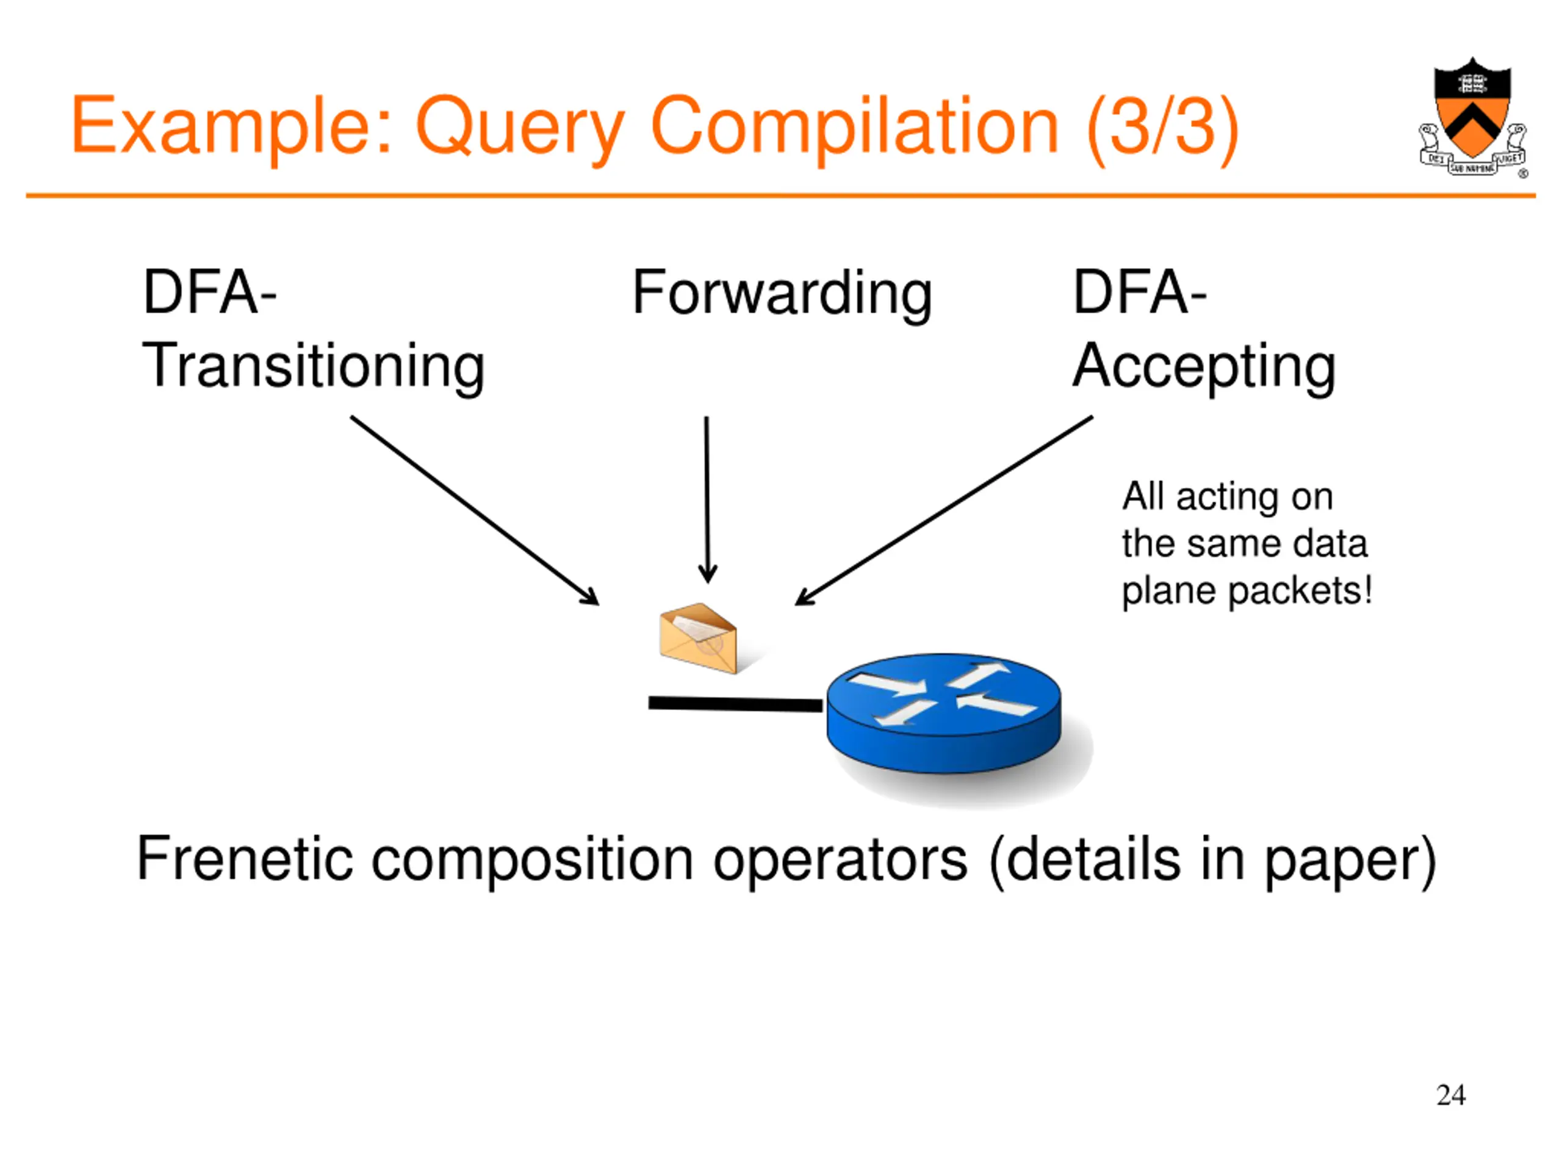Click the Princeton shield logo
coord(1472,117)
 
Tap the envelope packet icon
coord(697,638)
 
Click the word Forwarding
coord(782,293)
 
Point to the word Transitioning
coord(313,366)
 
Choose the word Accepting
coord(1204,366)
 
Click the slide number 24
coord(1450,1095)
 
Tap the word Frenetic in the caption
coord(244,859)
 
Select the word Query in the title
coord(520,127)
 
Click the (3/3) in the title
coord(1162,127)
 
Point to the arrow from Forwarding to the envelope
coord(707,498)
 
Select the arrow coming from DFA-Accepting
coord(943,510)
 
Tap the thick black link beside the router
coord(735,704)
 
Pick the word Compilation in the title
coord(854,127)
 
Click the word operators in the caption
coord(840,859)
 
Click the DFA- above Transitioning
coord(210,292)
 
